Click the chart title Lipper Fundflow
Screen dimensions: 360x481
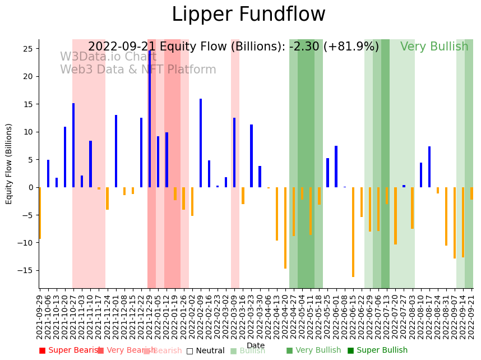[248, 15]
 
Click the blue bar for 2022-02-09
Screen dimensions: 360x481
[201, 143]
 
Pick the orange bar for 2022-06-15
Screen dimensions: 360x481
[353, 232]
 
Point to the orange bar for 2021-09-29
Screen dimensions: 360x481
[40, 213]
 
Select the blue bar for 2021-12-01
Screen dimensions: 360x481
[116, 151]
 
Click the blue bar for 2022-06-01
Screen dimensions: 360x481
[336, 167]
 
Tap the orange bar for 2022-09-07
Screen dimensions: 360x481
[455, 223]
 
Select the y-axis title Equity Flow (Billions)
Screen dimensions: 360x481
[10, 164]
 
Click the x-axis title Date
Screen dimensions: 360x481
[256, 346]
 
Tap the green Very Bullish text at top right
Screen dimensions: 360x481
[434, 47]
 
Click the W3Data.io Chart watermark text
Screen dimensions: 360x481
[108, 57]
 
